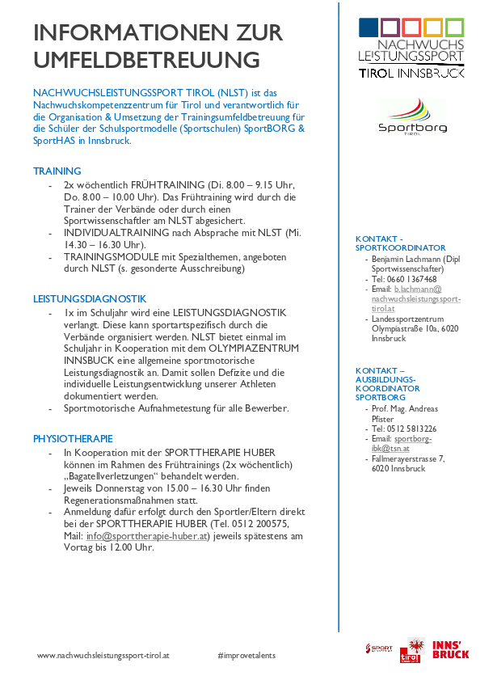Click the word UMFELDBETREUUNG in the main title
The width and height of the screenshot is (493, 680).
[146, 60]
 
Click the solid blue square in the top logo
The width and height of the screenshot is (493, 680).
[369, 27]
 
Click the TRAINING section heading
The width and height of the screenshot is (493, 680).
[57, 171]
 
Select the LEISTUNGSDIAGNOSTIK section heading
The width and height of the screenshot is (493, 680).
[90, 298]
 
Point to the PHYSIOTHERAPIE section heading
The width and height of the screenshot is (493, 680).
[73, 438]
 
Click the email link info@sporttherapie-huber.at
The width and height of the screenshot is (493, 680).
[147, 535]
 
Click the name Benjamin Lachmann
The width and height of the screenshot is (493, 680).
[405, 259]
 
